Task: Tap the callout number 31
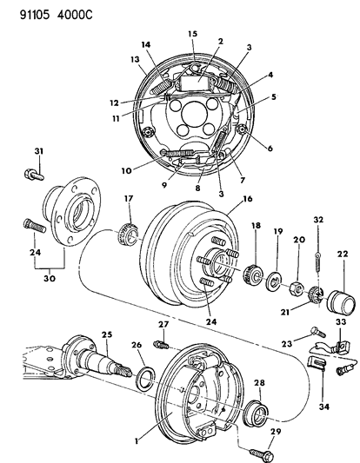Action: (37, 154)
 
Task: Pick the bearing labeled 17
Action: (127, 234)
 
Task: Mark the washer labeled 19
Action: (273, 280)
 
